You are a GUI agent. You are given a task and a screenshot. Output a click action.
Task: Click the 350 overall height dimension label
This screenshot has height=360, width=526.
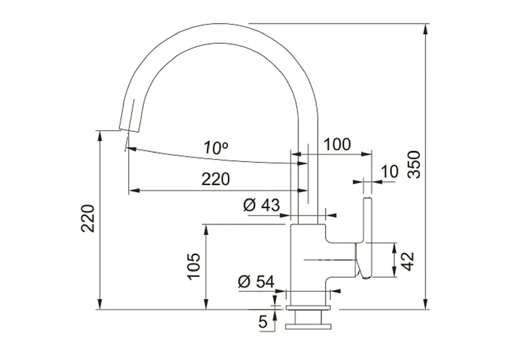(x=414, y=164)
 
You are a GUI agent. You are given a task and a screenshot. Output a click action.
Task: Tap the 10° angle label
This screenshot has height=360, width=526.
(x=216, y=148)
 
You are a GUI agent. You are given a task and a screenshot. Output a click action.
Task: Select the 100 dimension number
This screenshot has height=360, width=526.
(x=337, y=144)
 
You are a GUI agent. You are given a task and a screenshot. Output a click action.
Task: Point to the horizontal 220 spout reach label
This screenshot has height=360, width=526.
(x=216, y=179)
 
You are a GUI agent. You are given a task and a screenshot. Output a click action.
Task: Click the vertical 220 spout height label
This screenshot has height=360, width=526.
(x=88, y=218)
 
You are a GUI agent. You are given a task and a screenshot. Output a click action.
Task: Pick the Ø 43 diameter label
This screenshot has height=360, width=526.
(x=262, y=205)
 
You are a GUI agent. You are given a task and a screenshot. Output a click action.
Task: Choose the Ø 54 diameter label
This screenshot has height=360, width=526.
(x=256, y=282)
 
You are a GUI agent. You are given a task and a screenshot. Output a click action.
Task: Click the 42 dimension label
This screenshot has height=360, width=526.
(x=407, y=262)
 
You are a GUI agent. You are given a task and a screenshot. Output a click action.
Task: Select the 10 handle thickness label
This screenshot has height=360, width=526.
(x=390, y=171)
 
